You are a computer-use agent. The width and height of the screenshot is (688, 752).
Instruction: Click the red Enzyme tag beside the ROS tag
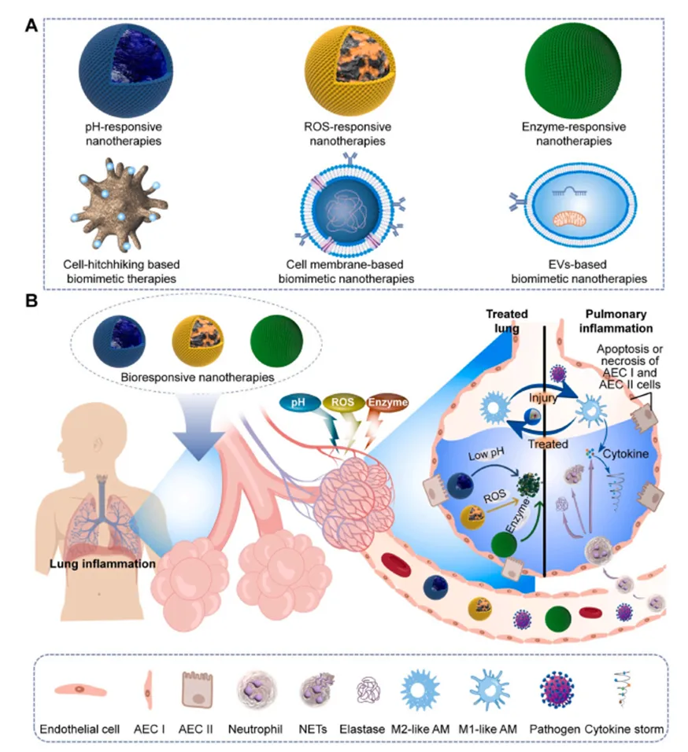point(389,404)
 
